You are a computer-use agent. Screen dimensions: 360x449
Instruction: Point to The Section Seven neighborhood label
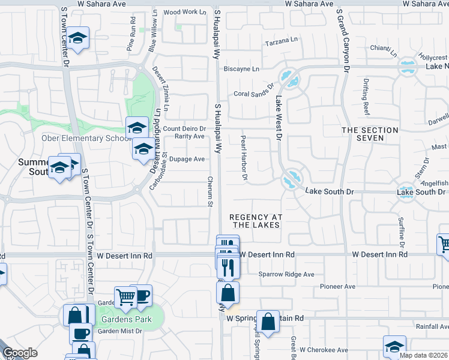click(x=370, y=134)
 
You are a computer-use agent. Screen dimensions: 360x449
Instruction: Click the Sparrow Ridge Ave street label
click(x=286, y=274)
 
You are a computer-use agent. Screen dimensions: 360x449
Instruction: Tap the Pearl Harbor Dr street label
click(x=244, y=158)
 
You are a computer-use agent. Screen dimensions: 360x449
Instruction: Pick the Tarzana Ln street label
click(x=282, y=43)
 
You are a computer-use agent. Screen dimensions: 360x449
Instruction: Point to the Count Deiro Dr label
click(x=184, y=128)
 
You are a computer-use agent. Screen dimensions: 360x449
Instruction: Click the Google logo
click(x=20, y=353)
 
